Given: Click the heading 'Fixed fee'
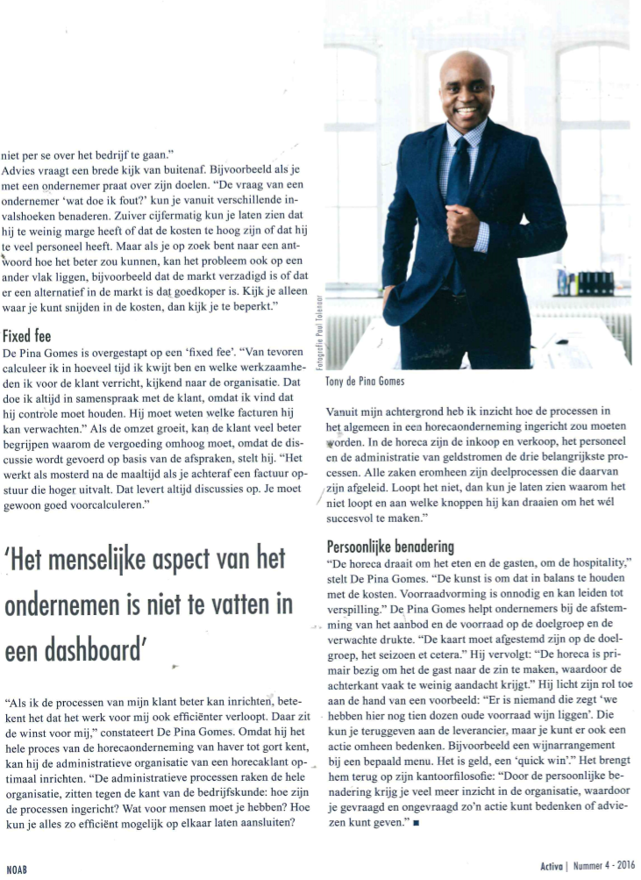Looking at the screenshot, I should click(x=27, y=335).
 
